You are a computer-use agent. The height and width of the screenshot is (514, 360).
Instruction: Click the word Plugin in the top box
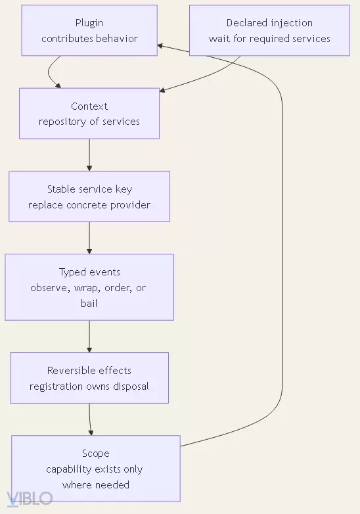tap(89, 23)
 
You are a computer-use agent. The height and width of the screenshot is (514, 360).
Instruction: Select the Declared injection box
tap(269, 30)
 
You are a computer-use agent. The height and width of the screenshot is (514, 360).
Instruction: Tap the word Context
tap(89, 106)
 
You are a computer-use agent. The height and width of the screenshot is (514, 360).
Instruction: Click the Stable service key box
tap(89, 197)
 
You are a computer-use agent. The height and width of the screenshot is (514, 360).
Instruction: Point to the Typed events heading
tap(89, 272)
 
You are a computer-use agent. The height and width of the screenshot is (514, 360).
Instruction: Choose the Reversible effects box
tap(89, 378)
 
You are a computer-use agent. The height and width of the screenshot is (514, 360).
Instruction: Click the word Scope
tap(96, 454)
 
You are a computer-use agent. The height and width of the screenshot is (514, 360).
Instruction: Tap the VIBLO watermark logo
tap(30, 499)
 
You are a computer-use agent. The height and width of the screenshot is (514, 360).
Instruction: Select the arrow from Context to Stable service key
tap(89, 154)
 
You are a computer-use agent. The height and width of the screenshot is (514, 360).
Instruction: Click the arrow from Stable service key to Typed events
tap(89, 238)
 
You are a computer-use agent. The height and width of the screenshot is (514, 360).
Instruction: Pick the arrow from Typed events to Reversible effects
tap(89, 337)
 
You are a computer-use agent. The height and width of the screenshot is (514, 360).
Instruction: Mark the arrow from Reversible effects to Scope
tap(90, 419)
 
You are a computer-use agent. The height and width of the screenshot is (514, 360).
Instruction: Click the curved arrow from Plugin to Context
tap(49, 72)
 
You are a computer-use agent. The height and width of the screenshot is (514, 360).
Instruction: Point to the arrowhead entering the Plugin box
tap(160, 46)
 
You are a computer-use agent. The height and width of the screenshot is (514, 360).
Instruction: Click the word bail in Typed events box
tap(89, 303)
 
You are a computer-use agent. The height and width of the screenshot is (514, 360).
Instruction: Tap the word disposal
tap(131, 386)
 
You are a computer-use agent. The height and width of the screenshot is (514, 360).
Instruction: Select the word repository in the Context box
tap(62, 122)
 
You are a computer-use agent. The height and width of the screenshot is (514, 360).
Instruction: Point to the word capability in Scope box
tap(67, 469)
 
